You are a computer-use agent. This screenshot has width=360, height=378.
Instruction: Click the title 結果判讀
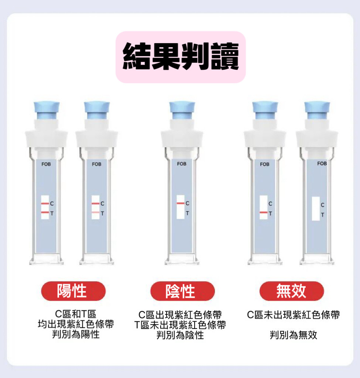pyautogui.click(x=181, y=56)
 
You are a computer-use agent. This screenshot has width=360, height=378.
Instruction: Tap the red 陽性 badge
pyautogui.click(x=73, y=291)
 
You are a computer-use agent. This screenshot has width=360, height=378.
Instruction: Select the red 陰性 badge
pyautogui.click(x=182, y=291)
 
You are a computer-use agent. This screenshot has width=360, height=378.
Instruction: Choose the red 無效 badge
pyautogui.click(x=292, y=291)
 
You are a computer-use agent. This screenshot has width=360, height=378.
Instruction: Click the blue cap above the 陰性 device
pyautogui.click(x=182, y=110)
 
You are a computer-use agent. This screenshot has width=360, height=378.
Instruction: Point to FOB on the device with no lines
pyautogui.click(x=322, y=164)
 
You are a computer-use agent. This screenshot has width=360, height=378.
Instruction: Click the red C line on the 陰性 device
pyautogui.click(x=181, y=203)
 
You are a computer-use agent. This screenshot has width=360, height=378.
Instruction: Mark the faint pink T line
pyautogui.click(x=96, y=212)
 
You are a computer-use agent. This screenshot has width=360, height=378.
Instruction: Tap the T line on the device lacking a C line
pyautogui.click(x=264, y=213)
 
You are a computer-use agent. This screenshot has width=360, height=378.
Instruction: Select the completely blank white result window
pyautogui.click(x=316, y=209)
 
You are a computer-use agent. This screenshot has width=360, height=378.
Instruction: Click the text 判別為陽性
pyautogui.click(x=76, y=334)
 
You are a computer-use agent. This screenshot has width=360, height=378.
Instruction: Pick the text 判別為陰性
pyautogui.click(x=180, y=335)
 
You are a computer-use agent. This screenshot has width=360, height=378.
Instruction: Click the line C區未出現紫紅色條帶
pyautogui.click(x=293, y=315)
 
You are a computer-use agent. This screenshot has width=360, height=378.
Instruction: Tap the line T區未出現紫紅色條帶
pyautogui.click(x=180, y=325)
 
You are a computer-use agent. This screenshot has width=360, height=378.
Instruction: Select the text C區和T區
pyautogui.click(x=76, y=314)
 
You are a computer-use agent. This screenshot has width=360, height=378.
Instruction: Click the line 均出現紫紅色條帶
pyautogui.click(x=76, y=324)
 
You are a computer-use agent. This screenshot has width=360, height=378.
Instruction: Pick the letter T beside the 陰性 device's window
pyautogui.click(x=187, y=213)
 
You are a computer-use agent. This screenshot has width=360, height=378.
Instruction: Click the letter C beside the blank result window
pyautogui.click(x=323, y=205)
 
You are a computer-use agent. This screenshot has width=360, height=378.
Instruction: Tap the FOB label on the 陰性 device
pyautogui.click(x=182, y=164)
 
